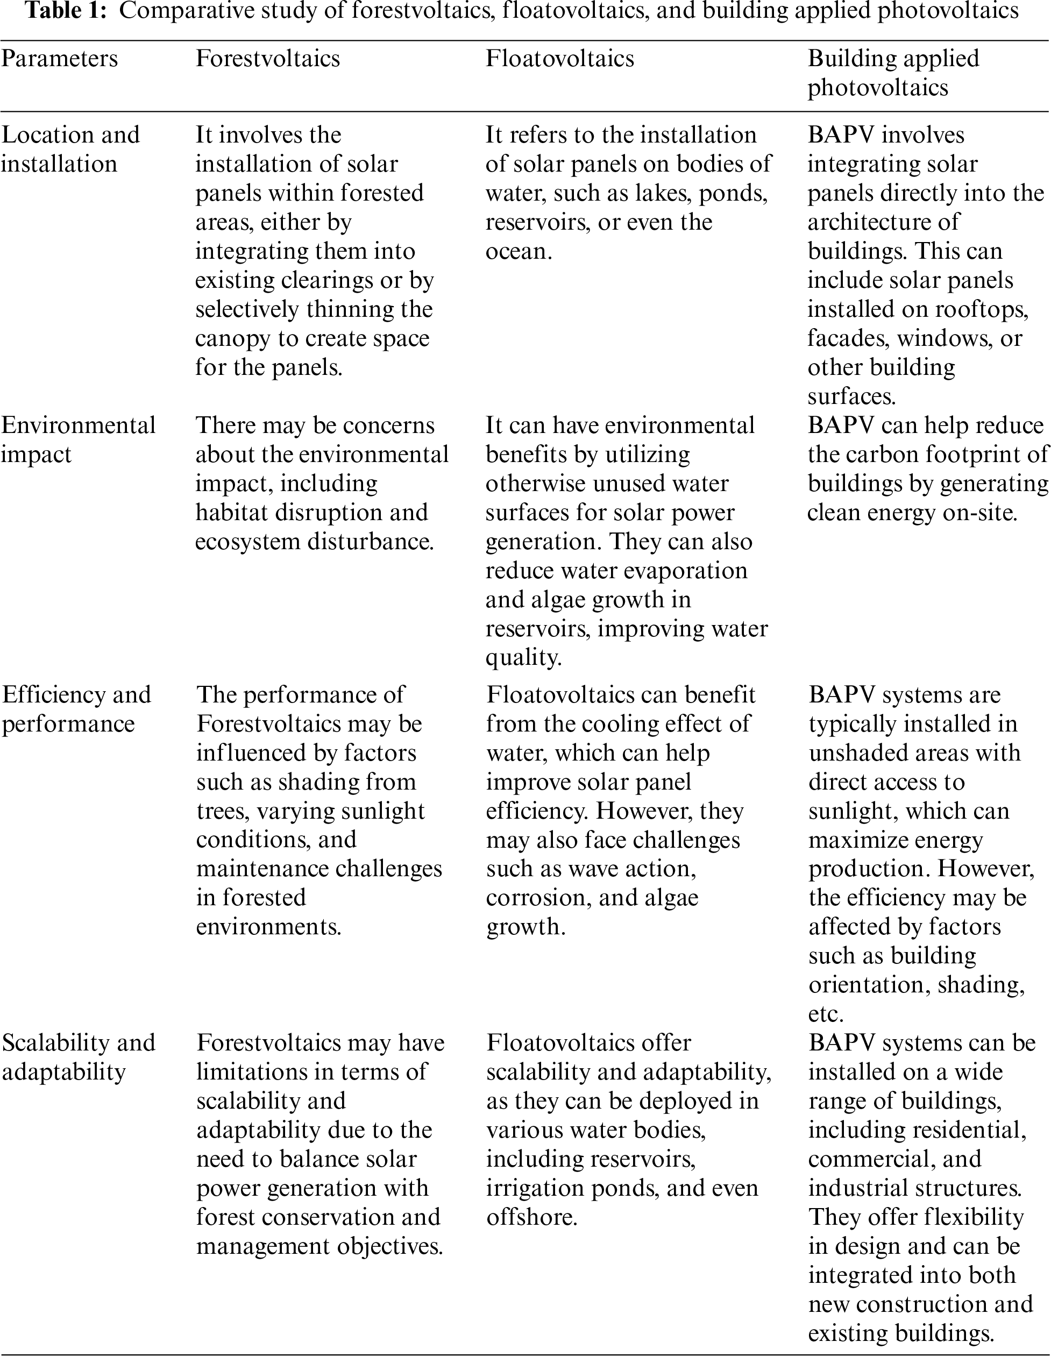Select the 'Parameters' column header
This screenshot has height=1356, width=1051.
pos(60,59)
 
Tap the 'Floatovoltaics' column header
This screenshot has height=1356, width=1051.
pos(559,59)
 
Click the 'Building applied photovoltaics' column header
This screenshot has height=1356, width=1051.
pos(893,73)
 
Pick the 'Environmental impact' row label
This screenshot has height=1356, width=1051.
pos(78,439)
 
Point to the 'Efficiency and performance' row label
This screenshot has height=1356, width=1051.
pos(76,709)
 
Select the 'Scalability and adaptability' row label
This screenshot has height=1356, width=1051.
pos(78,1057)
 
